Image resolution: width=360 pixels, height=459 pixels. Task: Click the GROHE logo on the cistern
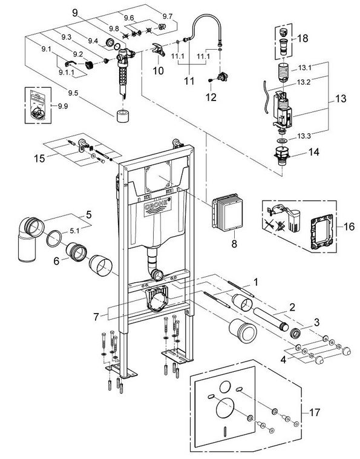158,206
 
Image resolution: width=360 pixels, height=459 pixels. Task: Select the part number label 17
315,412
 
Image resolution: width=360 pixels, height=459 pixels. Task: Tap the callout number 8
234,244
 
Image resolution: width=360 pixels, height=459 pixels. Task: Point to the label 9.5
73,93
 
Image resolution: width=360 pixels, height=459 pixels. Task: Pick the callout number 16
349,226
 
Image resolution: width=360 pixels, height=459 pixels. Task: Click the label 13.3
304,136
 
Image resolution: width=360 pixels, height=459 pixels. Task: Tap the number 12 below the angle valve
211,97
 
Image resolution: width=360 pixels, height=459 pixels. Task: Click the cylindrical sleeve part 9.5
123,116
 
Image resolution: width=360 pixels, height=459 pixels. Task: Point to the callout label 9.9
62,106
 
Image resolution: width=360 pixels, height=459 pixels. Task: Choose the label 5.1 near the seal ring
74,231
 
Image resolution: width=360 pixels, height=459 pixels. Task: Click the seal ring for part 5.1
54,239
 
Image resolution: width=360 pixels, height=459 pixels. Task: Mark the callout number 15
39,159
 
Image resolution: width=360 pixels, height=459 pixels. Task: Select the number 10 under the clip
158,71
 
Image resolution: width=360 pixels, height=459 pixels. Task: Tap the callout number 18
303,38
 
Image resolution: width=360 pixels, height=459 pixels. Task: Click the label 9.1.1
66,72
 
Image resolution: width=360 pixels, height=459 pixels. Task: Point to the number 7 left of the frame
96,317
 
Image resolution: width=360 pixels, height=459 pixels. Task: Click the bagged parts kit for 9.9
38,105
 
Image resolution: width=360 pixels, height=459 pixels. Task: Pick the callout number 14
313,152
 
